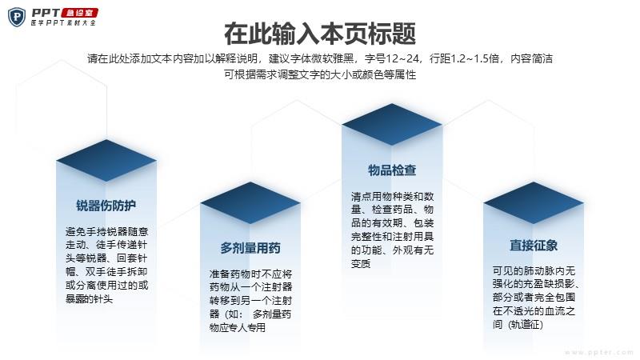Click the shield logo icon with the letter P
click(x=17, y=17)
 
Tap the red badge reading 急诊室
click(x=79, y=13)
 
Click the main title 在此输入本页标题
click(x=320, y=34)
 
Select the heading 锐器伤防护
click(x=106, y=206)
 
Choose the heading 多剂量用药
click(x=250, y=248)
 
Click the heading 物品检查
click(x=392, y=170)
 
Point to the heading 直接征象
click(x=534, y=246)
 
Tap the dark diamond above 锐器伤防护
click(x=106, y=161)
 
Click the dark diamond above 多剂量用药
click(x=250, y=203)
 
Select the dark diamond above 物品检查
click(x=392, y=125)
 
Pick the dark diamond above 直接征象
click(x=534, y=203)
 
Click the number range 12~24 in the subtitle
click(x=402, y=58)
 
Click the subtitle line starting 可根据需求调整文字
click(x=320, y=74)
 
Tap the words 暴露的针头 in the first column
click(x=90, y=299)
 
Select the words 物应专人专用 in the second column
click(x=238, y=328)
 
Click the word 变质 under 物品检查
click(x=361, y=264)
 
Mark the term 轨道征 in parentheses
click(x=526, y=325)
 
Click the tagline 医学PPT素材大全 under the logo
click(x=63, y=23)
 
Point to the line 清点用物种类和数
click(x=392, y=197)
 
